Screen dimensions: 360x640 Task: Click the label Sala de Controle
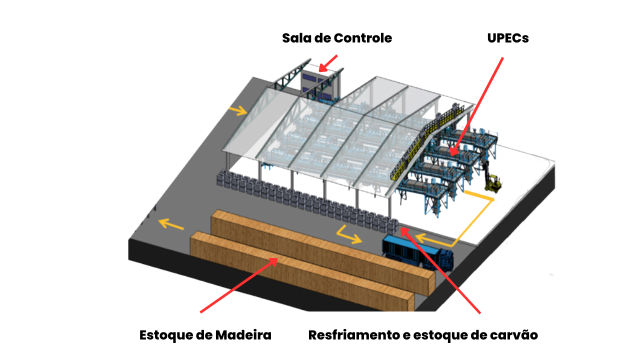[336, 38]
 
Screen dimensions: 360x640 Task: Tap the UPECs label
[507, 38]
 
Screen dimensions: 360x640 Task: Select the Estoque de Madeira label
[205, 335]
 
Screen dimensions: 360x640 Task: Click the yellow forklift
[493, 182]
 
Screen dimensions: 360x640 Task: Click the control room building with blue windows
[320, 85]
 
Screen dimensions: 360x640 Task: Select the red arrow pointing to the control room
[328, 63]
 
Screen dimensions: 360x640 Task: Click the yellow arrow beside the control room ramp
[238, 110]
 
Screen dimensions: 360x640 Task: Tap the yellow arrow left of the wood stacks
[170, 224]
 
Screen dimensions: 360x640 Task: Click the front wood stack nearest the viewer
[300, 272]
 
